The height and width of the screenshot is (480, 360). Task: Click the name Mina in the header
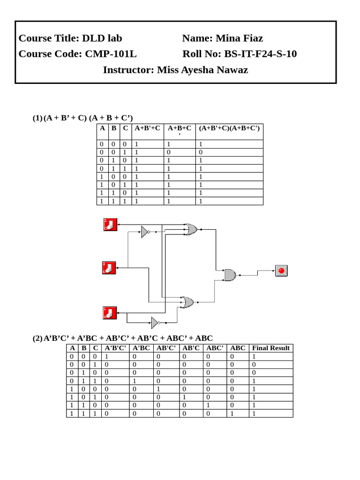tap(228, 38)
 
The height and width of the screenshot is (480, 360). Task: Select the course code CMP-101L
tap(111, 54)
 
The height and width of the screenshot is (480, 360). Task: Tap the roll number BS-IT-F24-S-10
tap(260, 54)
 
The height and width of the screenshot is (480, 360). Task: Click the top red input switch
tap(110, 225)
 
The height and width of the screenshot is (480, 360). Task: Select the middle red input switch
tap(109, 268)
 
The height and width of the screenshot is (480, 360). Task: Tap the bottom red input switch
tap(110, 313)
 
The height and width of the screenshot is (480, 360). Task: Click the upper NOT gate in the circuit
tap(145, 232)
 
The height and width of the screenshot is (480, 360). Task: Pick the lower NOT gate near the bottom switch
tap(155, 322)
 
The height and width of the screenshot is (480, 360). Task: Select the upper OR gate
tap(190, 229)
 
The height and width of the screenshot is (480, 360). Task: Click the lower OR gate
tap(187, 302)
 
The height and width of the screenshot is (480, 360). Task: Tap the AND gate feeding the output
tap(229, 275)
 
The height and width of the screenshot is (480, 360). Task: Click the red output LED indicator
tap(281, 270)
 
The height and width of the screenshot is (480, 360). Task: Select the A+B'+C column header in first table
tap(147, 127)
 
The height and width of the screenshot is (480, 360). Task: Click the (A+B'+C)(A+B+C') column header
tap(229, 127)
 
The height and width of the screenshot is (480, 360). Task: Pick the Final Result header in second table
tap(271, 348)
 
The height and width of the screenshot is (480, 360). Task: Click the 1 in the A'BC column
tap(135, 381)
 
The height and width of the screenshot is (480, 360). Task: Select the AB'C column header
tap(191, 348)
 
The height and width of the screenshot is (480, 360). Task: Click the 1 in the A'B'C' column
tap(107, 356)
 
